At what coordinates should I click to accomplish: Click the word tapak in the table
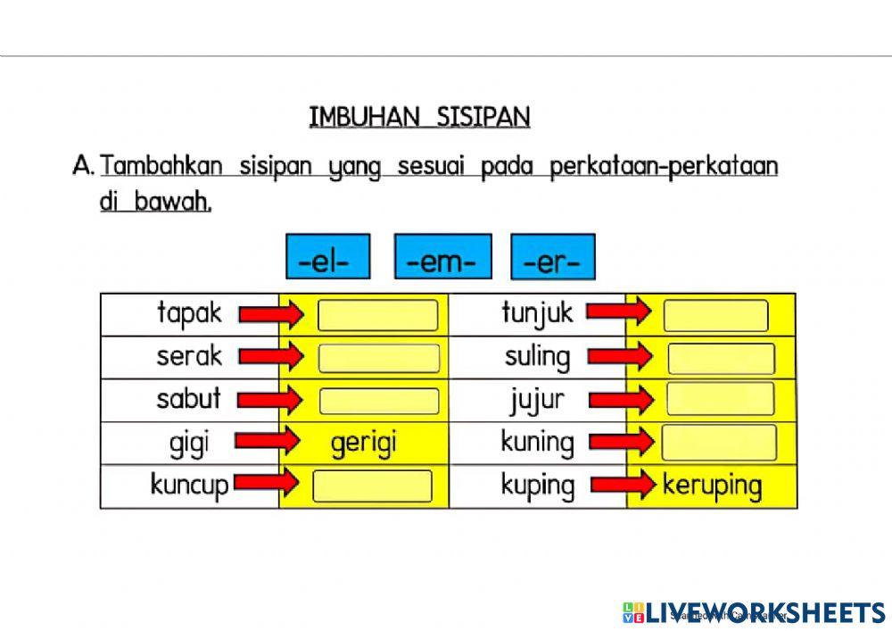pyautogui.click(x=189, y=313)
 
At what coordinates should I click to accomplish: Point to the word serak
pyautogui.click(x=189, y=356)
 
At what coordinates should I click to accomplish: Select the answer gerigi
pyautogui.click(x=363, y=444)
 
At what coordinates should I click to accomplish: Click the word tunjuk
pyautogui.click(x=537, y=313)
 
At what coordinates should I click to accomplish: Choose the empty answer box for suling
pyautogui.click(x=721, y=358)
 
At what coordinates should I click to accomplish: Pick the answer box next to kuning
pyautogui.click(x=719, y=443)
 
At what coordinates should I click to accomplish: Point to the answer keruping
pyautogui.click(x=712, y=486)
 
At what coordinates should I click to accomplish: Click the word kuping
pyautogui.click(x=537, y=486)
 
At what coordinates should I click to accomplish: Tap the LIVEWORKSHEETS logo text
pyautogui.click(x=765, y=612)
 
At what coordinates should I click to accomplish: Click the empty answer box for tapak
pyautogui.click(x=378, y=315)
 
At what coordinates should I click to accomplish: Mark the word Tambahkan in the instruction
pyautogui.click(x=161, y=167)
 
